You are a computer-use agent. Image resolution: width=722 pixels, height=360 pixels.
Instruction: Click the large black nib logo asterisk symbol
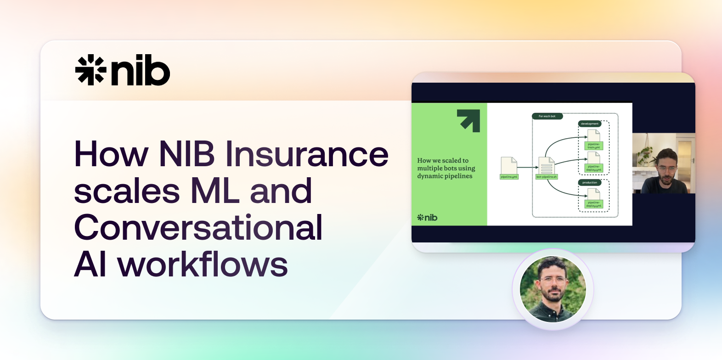90,70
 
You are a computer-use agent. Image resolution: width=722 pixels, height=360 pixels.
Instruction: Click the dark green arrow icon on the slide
468,120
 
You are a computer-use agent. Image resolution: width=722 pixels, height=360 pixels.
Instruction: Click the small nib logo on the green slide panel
427,218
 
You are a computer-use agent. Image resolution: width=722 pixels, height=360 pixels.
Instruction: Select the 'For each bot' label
547,116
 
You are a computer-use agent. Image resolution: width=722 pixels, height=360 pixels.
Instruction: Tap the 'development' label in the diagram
590,124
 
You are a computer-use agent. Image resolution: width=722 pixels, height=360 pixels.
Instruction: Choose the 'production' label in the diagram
590,182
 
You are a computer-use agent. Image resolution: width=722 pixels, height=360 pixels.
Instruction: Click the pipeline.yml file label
509,177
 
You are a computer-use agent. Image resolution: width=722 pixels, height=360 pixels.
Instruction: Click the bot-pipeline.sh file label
547,177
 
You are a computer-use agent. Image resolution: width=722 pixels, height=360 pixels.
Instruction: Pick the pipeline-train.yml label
593,146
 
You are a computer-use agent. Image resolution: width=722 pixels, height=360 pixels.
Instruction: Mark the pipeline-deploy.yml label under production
593,204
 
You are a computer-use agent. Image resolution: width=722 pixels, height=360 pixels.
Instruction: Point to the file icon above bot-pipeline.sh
547,165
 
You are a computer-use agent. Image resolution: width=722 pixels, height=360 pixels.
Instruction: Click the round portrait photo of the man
553,289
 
